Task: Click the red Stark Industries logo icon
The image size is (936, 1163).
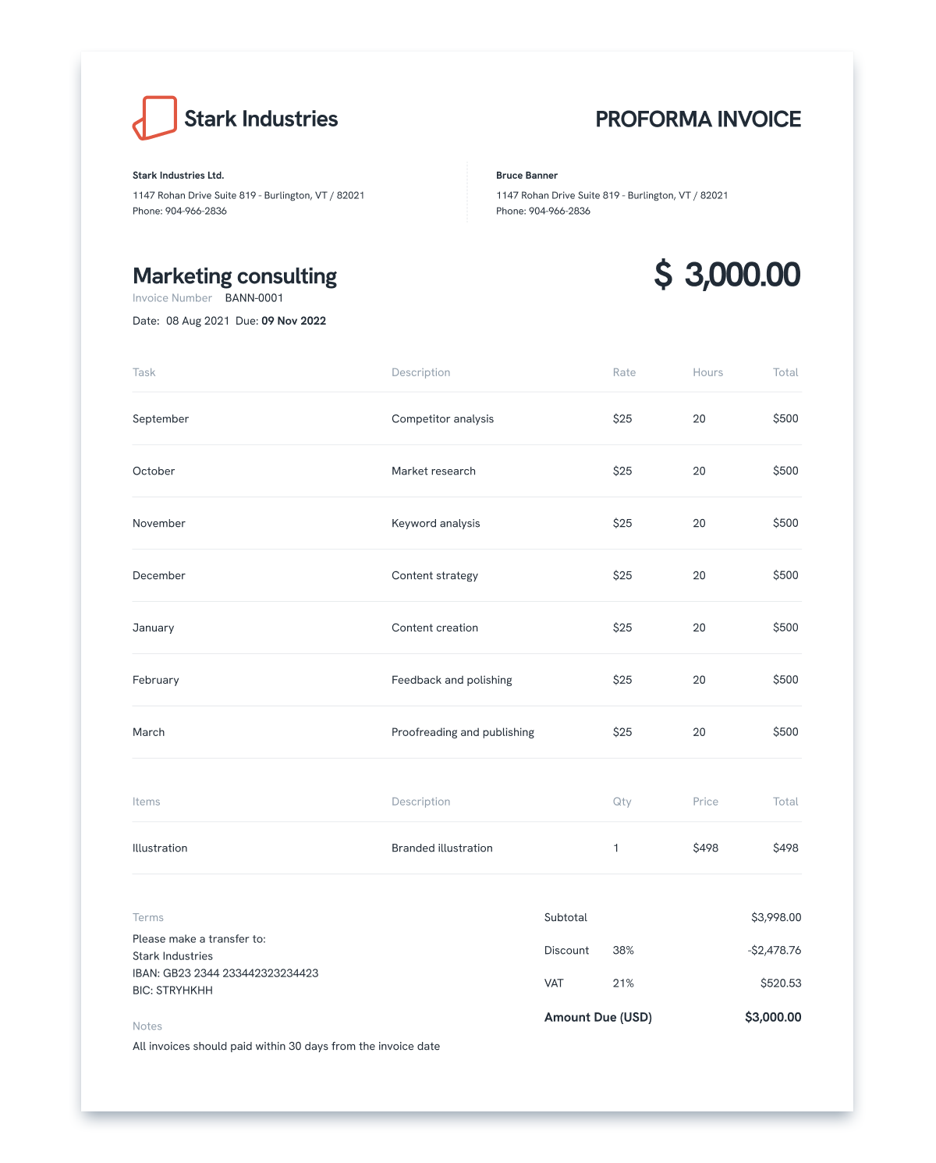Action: (x=155, y=118)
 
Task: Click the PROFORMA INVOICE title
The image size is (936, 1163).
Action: (x=698, y=119)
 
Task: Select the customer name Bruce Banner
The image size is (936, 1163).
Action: (x=526, y=176)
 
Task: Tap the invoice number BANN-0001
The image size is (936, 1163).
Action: (x=253, y=298)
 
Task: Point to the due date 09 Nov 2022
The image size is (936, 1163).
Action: (x=293, y=321)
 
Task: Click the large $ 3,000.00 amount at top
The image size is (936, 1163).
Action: (x=727, y=275)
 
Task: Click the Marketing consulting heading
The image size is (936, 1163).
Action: (x=234, y=276)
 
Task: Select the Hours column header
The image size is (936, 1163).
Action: (x=707, y=372)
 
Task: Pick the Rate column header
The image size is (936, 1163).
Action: (x=624, y=372)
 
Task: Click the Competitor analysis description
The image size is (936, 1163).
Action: (x=442, y=419)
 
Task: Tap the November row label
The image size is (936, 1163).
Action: (x=158, y=524)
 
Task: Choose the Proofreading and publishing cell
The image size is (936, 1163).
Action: (x=463, y=732)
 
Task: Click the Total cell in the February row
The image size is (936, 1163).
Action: (x=785, y=680)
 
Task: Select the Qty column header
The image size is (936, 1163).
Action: (x=622, y=802)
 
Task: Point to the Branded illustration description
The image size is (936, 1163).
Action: (x=441, y=848)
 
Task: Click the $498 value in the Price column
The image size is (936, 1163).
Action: (x=705, y=848)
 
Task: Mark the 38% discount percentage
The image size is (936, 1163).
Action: (x=623, y=951)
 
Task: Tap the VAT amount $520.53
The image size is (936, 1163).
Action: (x=780, y=983)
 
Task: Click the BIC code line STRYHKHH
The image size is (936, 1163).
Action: (x=172, y=991)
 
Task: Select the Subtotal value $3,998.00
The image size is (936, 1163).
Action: (x=775, y=918)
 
